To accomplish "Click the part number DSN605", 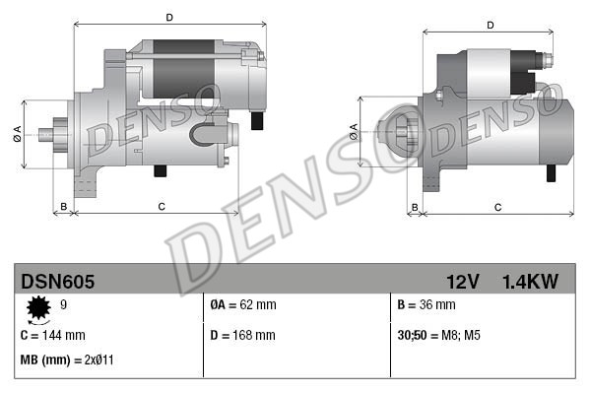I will tap(58, 282).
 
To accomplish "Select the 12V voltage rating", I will tap(461, 282).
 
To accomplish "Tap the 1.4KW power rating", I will tap(529, 282).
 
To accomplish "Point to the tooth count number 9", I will tap(64, 304).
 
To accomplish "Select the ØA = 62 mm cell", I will tap(243, 304).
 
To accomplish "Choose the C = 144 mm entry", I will tap(53, 335).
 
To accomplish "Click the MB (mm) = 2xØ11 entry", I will tap(67, 360).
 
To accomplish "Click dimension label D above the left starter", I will tap(169, 17).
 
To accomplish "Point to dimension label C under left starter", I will tap(161, 206).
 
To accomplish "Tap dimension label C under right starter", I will tap(497, 207).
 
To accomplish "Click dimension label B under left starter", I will tap(64, 206).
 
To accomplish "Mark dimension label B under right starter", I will tap(415, 207).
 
